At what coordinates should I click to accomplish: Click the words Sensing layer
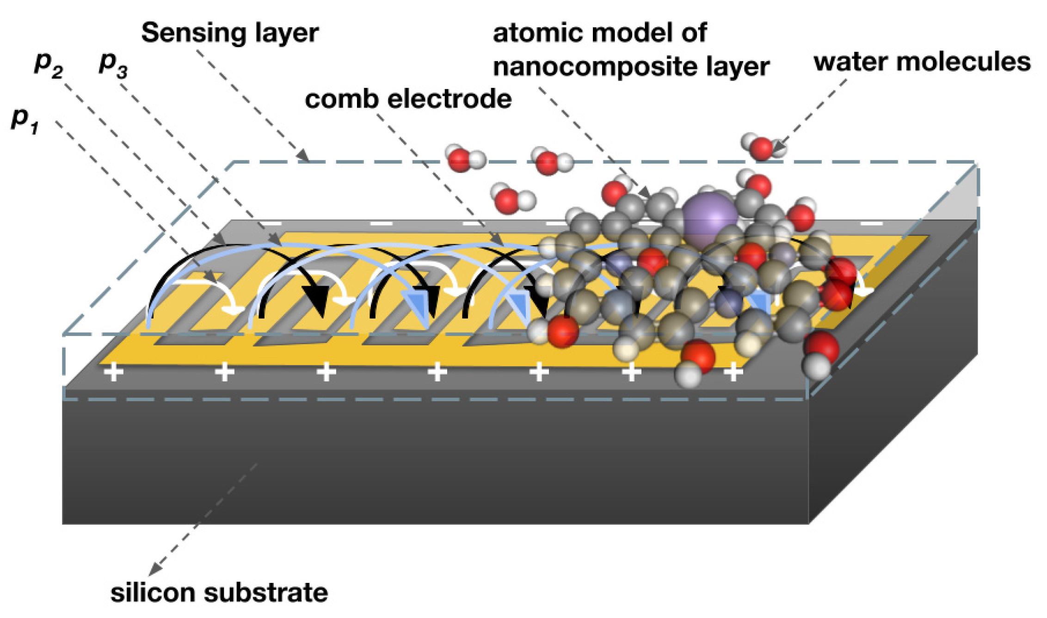click(230, 33)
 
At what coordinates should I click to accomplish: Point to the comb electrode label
click(408, 99)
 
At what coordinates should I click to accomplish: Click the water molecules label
click(922, 62)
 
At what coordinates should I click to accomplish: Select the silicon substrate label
click(219, 593)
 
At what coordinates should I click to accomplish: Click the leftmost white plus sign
click(113, 372)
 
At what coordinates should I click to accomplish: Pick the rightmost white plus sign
click(733, 372)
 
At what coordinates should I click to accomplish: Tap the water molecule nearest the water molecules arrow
click(761, 147)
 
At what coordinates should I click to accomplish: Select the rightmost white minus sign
click(872, 224)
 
